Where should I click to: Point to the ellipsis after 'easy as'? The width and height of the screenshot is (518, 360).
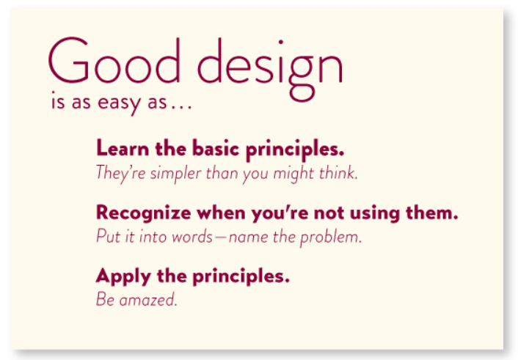[180, 106]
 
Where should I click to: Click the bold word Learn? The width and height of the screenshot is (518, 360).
[119, 149]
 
